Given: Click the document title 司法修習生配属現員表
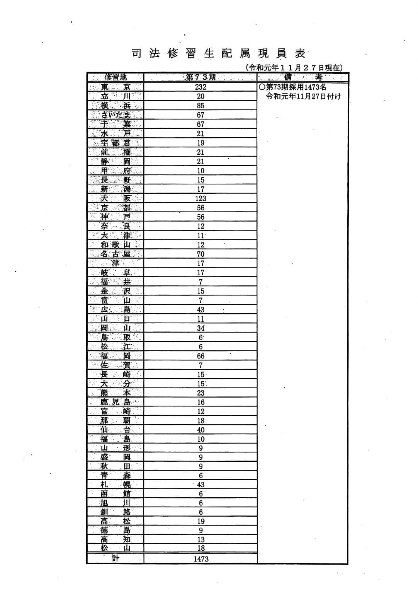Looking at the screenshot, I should (x=219, y=53).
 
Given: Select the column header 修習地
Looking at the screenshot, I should (x=115, y=77).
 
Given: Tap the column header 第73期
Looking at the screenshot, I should (x=201, y=77).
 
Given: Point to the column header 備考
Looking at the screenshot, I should (x=303, y=77).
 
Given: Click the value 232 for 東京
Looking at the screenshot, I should (x=201, y=87).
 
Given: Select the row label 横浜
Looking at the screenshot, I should (x=115, y=106).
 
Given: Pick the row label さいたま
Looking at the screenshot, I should (x=115, y=115).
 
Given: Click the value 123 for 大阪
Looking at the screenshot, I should (x=201, y=198).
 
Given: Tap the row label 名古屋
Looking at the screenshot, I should (x=115, y=254).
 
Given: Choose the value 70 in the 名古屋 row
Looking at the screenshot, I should (x=201, y=254).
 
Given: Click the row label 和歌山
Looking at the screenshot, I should (x=115, y=245).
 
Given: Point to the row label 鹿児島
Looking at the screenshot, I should (x=115, y=402).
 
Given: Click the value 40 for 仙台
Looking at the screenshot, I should (x=201, y=430).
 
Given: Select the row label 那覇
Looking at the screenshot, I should (x=115, y=421).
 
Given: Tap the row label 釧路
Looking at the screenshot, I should (x=115, y=512).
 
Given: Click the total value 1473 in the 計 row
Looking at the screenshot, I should (x=201, y=559).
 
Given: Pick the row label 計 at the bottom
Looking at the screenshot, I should (x=115, y=558).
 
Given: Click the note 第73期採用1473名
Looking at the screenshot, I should (x=293, y=87).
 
